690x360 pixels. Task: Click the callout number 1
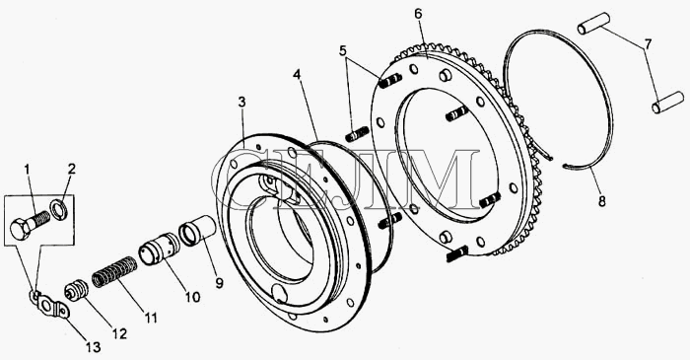click(x=28, y=169)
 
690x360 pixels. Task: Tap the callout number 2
click(x=72, y=169)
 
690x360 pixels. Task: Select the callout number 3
click(x=242, y=103)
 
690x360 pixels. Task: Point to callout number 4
click(x=298, y=75)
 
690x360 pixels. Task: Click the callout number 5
click(x=343, y=50)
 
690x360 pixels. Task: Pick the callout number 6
click(x=418, y=14)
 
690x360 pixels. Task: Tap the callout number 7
click(x=649, y=44)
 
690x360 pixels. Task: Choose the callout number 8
click(x=602, y=201)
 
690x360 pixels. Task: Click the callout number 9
click(x=219, y=283)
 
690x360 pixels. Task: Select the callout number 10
click(x=192, y=297)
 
